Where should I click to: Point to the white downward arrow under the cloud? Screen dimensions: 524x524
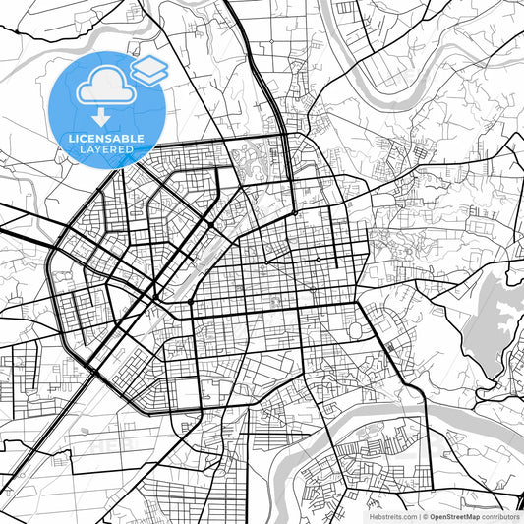tap(101, 117)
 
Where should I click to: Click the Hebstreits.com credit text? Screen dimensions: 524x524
tap(392, 516)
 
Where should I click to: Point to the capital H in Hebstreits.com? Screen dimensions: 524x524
tap(372, 516)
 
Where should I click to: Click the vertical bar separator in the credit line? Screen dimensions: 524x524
tap(420, 516)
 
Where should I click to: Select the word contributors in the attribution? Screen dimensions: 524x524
tap(500, 516)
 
